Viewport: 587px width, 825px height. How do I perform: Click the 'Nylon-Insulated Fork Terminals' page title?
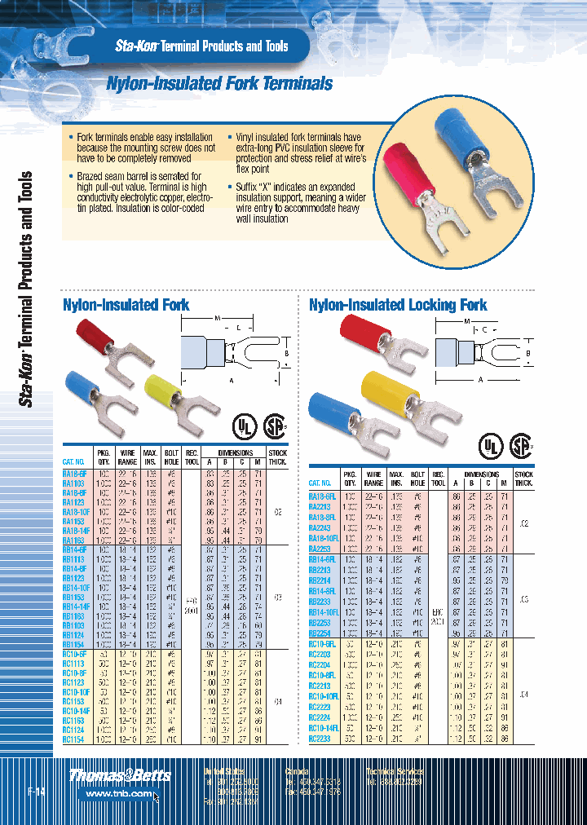(x=220, y=83)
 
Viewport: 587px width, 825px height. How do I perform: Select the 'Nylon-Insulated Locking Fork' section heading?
(x=398, y=305)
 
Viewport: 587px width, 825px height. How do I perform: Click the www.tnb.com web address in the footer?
(x=119, y=792)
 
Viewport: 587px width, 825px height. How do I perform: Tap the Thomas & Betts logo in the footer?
(x=119, y=775)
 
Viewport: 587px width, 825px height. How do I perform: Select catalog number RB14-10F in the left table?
(x=76, y=587)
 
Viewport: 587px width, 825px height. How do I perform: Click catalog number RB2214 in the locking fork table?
(x=320, y=580)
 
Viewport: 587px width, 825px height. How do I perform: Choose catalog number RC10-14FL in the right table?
(x=324, y=728)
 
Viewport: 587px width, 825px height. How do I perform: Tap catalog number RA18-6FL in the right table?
(x=323, y=496)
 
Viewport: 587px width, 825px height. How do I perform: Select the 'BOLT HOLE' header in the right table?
(x=417, y=478)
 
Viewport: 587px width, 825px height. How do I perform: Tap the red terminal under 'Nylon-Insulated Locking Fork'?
(x=374, y=342)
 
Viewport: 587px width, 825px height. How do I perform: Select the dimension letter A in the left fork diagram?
(x=231, y=380)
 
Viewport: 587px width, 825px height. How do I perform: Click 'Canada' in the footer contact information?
(x=296, y=770)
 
